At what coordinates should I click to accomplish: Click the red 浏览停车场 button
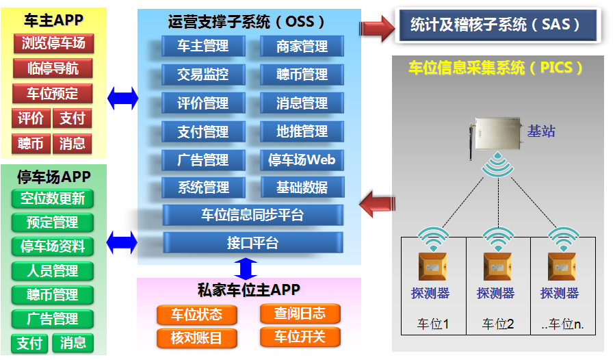[53, 44]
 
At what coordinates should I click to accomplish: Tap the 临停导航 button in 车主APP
[53, 68]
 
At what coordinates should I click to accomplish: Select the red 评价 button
[31, 118]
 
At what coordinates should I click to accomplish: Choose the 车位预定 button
[53, 94]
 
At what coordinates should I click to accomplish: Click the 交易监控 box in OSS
[203, 75]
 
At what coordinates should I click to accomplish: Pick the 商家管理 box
[302, 47]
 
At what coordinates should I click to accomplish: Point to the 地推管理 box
[302, 131]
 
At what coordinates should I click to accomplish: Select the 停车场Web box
[302, 160]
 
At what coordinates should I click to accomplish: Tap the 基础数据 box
[302, 188]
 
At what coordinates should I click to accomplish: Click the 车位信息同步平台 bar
[252, 215]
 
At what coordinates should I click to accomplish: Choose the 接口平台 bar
[252, 243]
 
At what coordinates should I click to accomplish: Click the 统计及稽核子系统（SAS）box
[495, 25]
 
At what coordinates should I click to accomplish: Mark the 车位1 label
[432, 324]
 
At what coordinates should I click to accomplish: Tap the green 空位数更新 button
[53, 198]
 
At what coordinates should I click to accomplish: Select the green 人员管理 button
[53, 271]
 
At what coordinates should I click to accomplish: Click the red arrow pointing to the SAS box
[377, 27]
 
